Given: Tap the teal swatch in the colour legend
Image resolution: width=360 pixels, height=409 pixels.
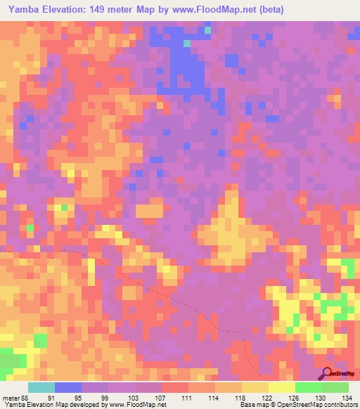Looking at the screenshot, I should pyautogui.click(x=41, y=387).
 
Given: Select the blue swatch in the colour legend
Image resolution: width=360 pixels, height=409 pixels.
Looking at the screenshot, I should pyautogui.click(x=68, y=387).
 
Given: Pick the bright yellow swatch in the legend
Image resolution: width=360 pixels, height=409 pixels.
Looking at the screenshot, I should pyautogui.click(x=281, y=387).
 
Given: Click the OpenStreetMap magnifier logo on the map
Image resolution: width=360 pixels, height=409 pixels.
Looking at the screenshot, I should pyautogui.click(x=327, y=373).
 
